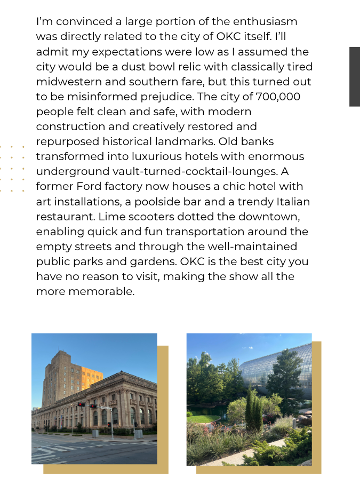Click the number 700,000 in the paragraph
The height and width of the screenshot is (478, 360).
[x=278, y=97]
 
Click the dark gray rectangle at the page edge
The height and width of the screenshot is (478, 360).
[x=354, y=76]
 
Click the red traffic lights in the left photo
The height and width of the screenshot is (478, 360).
[x=86, y=405]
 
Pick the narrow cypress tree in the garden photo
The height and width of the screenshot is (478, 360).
[x=253, y=408]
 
